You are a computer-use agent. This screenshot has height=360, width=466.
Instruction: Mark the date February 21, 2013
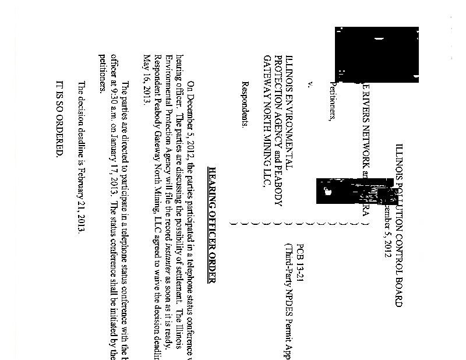coord(82,202)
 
